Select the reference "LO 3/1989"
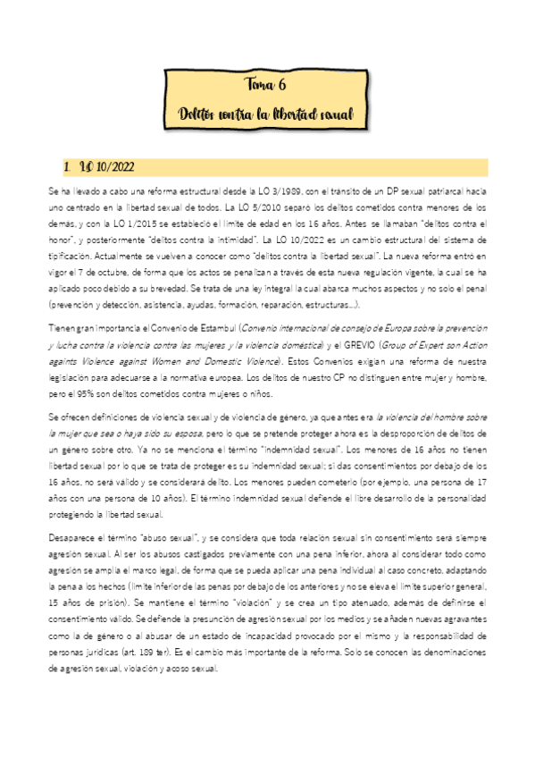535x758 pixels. coord(272,190)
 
